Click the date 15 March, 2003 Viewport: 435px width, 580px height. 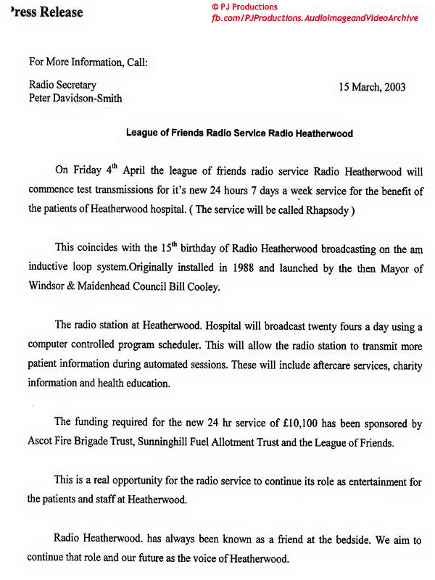[x=372, y=88]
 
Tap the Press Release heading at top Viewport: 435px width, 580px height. [x=42, y=12]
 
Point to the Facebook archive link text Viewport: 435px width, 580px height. [x=315, y=17]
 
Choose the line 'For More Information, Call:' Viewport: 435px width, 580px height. [x=88, y=62]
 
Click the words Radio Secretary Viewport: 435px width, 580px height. [x=62, y=85]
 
